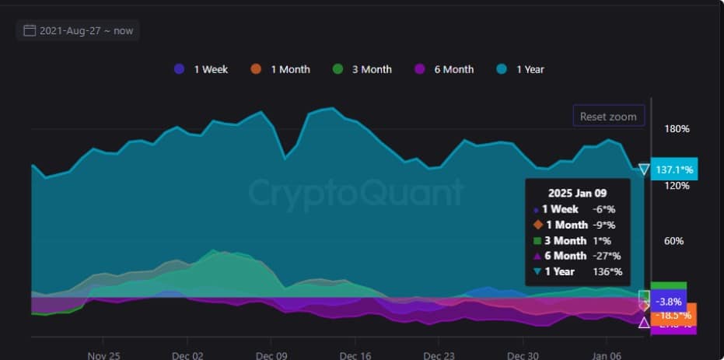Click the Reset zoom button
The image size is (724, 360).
[x=608, y=117]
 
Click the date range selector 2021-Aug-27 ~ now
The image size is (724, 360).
[x=78, y=30]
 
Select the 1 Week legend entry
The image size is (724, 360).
[x=202, y=69]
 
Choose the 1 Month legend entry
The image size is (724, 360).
[x=281, y=69]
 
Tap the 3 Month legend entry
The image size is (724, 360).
[x=362, y=69]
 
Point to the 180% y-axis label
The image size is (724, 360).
[x=677, y=128]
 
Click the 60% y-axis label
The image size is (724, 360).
[x=673, y=241]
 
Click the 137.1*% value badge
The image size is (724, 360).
[x=674, y=169]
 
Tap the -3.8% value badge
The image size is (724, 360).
[x=668, y=301]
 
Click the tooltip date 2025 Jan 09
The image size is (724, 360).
[x=576, y=192]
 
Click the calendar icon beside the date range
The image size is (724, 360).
[x=30, y=30]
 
